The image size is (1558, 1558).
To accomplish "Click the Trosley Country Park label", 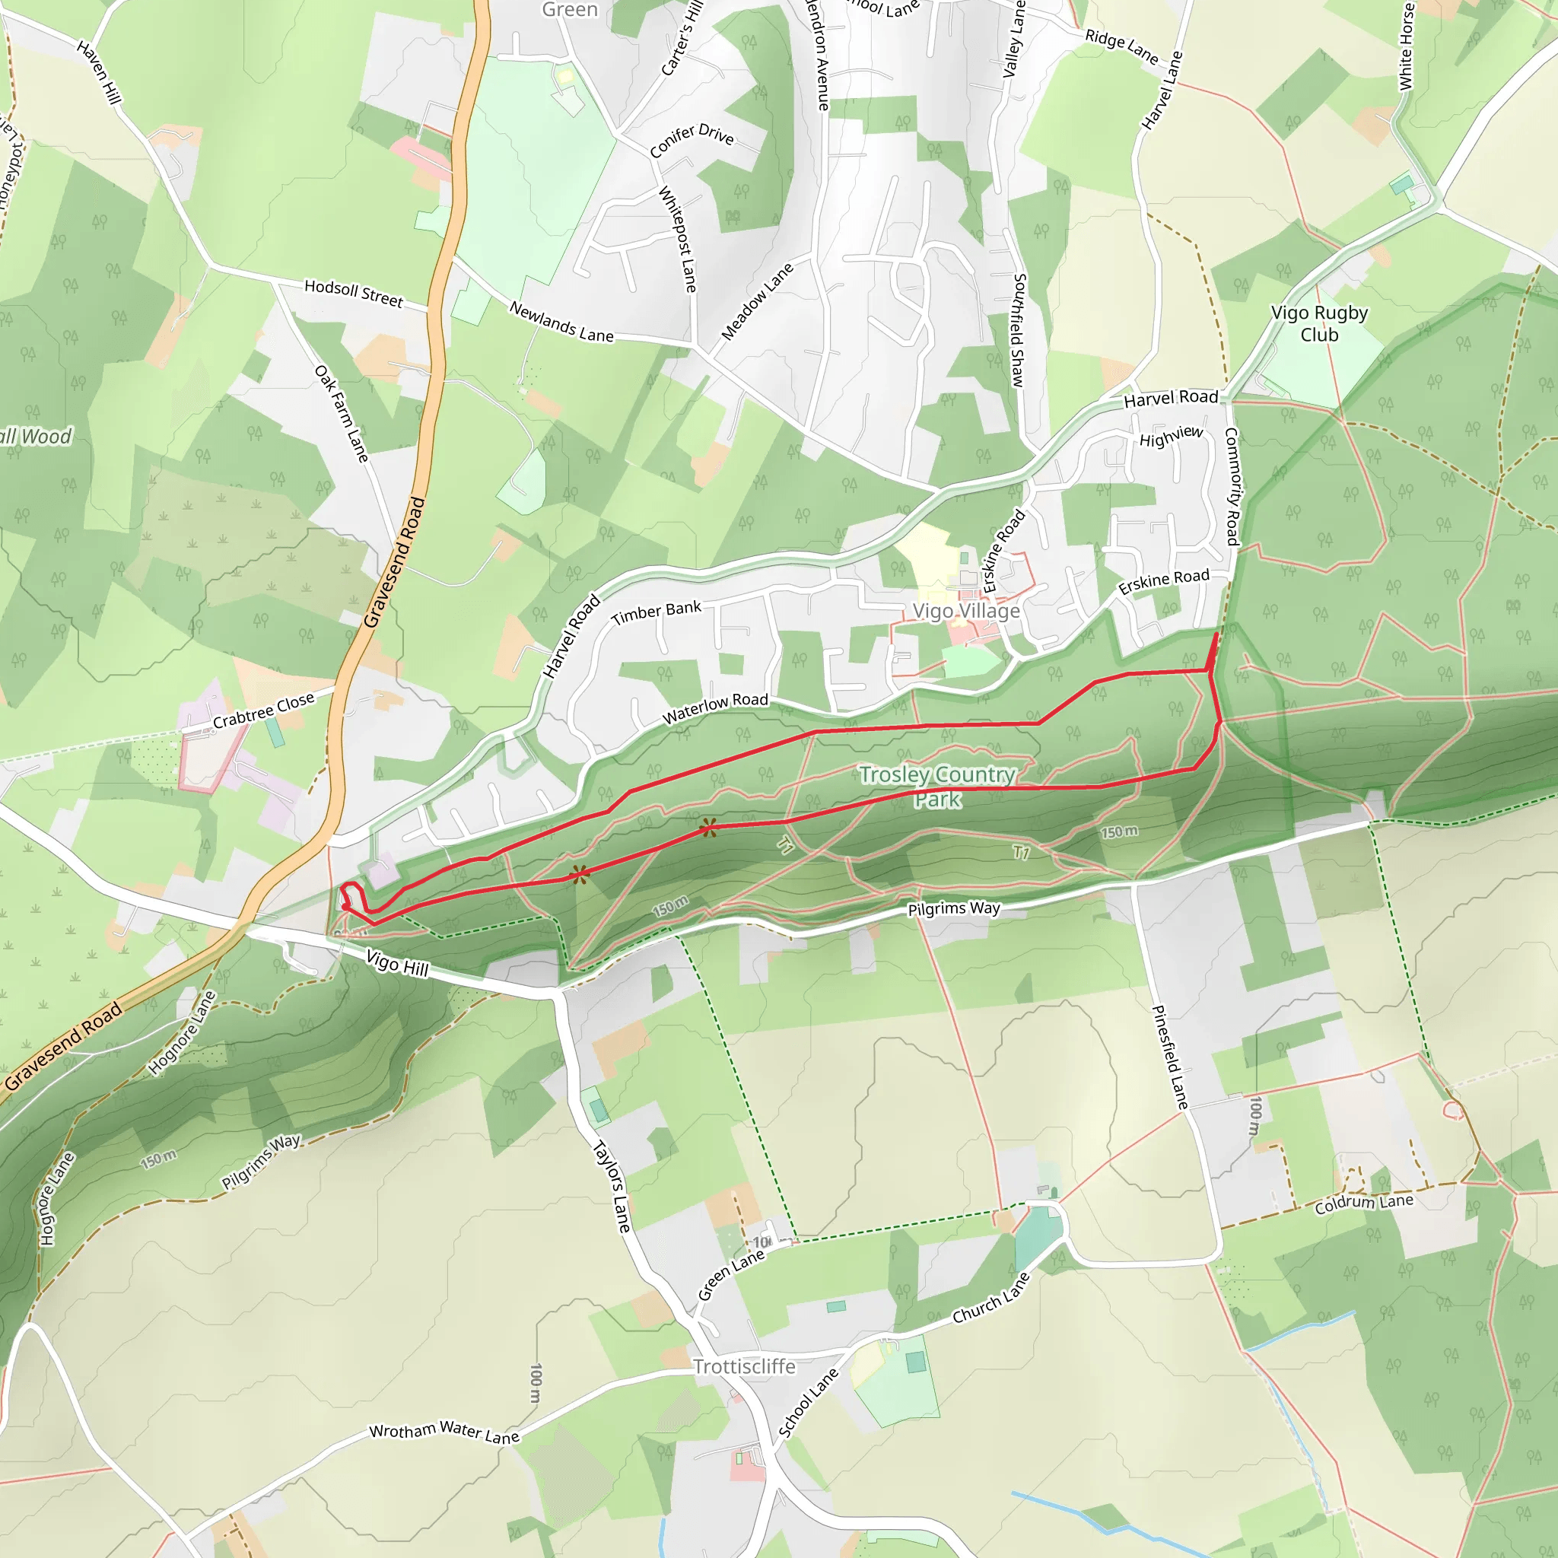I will click(937, 787).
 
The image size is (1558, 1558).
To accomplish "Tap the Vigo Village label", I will click(966, 612).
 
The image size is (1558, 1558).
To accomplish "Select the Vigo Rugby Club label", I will click(1319, 323).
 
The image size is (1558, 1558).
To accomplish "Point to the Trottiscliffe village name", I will click(744, 1366).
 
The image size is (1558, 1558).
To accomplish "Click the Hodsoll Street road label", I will click(353, 293).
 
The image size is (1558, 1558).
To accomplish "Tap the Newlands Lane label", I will click(561, 323).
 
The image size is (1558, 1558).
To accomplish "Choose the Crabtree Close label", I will click(264, 710).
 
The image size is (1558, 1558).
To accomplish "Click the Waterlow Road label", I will click(715, 707).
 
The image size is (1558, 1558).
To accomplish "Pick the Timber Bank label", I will click(657, 613).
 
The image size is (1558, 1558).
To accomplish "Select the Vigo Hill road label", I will click(398, 963).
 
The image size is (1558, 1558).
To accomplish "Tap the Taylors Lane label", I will click(612, 1185).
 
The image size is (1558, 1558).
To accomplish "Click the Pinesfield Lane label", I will click(1169, 1057).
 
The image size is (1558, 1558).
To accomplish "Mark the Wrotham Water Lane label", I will click(444, 1433).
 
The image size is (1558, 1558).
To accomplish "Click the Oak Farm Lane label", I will click(342, 414).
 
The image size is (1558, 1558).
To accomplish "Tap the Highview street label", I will click(1171, 435).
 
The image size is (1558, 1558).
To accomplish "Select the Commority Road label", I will click(1232, 485).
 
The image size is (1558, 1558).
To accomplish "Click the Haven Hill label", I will click(99, 72).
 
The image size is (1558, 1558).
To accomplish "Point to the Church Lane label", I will click(991, 1298).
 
